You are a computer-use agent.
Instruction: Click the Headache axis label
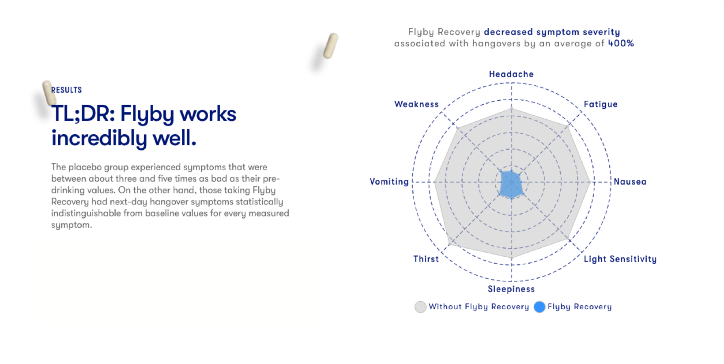(511, 74)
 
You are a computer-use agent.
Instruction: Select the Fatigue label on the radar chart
(600, 104)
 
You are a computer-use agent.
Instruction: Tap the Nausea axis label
(630, 182)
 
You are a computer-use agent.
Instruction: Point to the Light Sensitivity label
(620, 259)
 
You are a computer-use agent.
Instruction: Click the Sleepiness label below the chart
(511, 289)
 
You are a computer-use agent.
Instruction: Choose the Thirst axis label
(426, 259)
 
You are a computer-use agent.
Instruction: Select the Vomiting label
(389, 182)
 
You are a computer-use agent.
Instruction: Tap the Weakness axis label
(416, 104)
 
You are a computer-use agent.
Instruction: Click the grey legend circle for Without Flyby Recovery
(420, 307)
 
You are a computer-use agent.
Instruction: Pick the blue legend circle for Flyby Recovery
(539, 307)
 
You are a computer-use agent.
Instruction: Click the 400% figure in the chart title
(621, 43)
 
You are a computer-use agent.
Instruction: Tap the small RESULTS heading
(67, 90)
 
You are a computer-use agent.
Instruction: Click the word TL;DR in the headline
(83, 114)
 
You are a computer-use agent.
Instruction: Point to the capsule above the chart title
(330, 46)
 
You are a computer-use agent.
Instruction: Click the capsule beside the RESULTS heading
(49, 93)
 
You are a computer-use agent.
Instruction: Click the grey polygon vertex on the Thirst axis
(449, 243)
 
